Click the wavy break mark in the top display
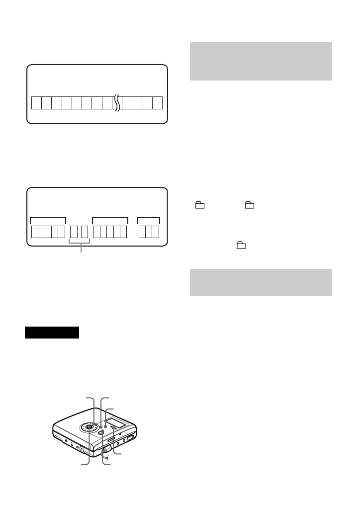117,103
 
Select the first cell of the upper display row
36,103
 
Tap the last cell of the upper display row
158,103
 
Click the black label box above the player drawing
52,333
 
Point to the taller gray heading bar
261,61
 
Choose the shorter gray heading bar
261,283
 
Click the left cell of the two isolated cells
74,232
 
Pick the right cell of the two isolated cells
85,232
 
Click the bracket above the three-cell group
149,218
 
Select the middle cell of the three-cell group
149,232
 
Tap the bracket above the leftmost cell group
48,218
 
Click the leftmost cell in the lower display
35,232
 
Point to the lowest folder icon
241,245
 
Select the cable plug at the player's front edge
105,449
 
